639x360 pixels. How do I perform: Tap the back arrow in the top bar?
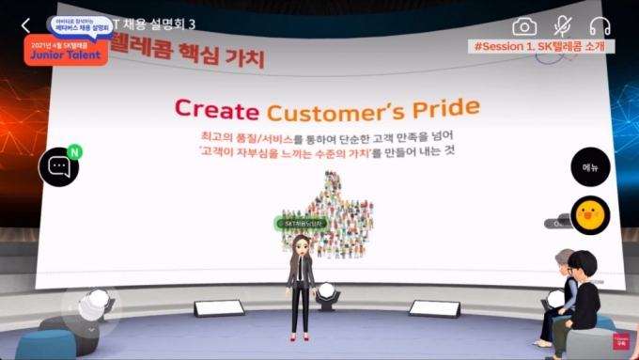coord(25,25)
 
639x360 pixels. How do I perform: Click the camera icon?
coord(524,26)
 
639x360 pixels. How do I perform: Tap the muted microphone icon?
coord(563,26)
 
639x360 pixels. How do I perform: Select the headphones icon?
coord(600,26)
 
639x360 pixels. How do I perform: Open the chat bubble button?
coord(58,167)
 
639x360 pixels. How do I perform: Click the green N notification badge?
coord(75,150)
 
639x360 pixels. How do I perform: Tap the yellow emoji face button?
coord(590,214)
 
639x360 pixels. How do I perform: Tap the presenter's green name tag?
coord(300,223)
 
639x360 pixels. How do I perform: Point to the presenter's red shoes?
coord(302,337)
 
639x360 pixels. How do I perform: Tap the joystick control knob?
coord(93,304)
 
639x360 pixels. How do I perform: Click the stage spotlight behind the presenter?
coord(326,298)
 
